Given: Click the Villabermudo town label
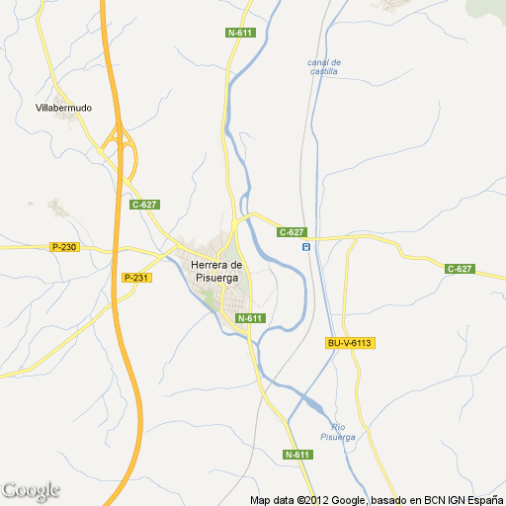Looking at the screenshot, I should click(x=63, y=107).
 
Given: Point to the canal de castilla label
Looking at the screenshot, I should click(x=323, y=66).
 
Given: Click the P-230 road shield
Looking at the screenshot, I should click(x=63, y=247).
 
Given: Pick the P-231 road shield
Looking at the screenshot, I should click(x=136, y=278).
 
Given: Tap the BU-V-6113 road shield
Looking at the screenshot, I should click(x=348, y=343).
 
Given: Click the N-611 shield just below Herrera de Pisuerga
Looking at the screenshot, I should click(x=250, y=317).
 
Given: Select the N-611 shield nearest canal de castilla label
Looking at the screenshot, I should click(x=240, y=33).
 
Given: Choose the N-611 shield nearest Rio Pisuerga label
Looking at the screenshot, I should click(x=297, y=455).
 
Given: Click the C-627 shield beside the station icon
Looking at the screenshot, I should click(x=291, y=232).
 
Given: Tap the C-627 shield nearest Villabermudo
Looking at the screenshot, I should click(x=144, y=205).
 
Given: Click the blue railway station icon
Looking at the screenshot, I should click(x=306, y=246).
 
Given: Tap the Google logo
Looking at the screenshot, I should click(x=31, y=490).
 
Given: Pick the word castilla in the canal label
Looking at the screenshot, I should click(x=323, y=72).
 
